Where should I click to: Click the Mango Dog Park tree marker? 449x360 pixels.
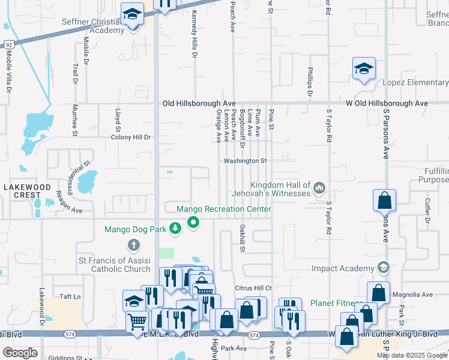click(175, 229)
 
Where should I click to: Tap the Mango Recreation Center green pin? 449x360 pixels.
click(193, 223)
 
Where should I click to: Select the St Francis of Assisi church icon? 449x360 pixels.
click(133, 245)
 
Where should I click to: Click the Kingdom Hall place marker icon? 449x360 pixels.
click(319, 189)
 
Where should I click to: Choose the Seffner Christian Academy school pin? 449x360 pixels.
click(131, 13)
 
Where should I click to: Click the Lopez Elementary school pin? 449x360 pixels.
click(364, 68)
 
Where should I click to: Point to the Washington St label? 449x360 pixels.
click(245, 161)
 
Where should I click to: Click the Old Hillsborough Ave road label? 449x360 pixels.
click(199, 104)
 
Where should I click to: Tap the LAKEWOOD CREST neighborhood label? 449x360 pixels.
click(27, 191)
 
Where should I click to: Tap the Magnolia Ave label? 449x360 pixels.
click(411, 295)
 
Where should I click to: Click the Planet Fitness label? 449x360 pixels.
click(336, 304)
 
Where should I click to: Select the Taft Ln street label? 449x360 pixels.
click(70, 296)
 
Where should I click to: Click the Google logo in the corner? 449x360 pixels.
click(20, 353)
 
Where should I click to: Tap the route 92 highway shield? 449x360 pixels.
click(8, 45)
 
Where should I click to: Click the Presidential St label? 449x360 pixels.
click(78, 173)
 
